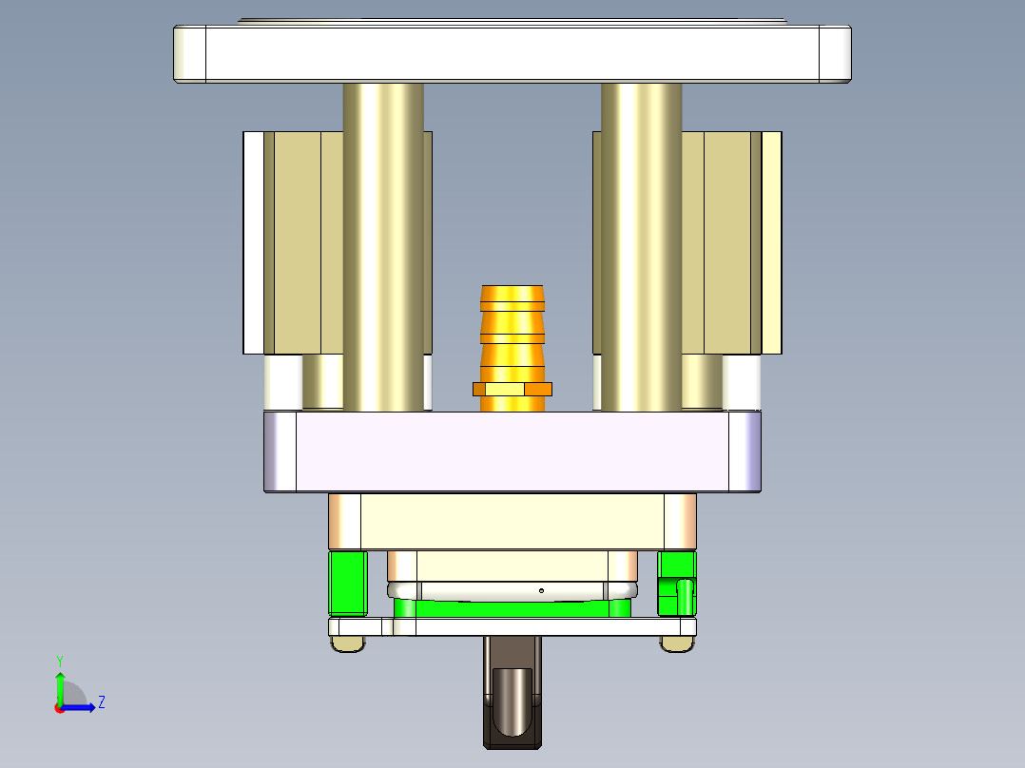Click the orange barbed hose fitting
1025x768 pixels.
[x=512, y=323]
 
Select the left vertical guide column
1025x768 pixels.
[x=383, y=247]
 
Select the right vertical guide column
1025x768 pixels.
[x=641, y=247]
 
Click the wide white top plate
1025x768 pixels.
[x=512, y=53]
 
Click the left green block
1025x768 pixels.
[x=348, y=582]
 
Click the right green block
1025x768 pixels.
[x=677, y=582]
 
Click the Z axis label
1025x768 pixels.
[x=102, y=702]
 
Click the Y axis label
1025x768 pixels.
[x=59, y=660]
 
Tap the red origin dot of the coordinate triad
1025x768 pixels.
[x=59, y=707]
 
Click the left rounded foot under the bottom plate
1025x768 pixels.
[x=348, y=644]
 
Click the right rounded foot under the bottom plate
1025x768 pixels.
[x=677, y=644]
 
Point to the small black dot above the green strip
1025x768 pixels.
[x=541, y=590]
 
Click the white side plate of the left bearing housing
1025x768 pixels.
[x=253, y=242]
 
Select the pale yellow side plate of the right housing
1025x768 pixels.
[x=771, y=242]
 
